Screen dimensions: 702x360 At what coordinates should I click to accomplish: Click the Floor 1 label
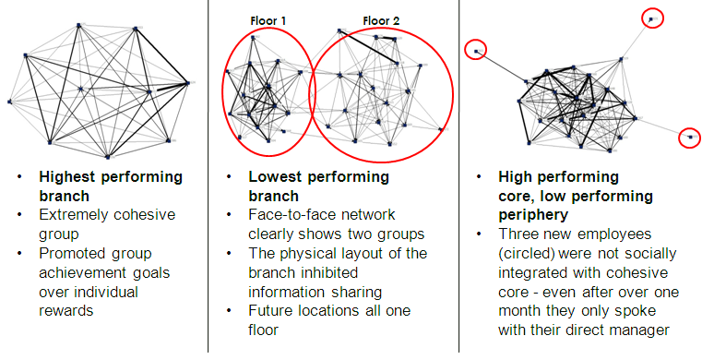[x=268, y=20]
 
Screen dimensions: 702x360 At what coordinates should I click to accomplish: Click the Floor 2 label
[x=381, y=20]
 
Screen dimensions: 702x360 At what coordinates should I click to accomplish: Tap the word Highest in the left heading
[x=66, y=178]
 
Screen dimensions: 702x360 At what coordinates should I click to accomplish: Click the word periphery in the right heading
[x=533, y=216]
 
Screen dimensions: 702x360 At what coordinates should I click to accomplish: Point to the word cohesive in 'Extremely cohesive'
[x=144, y=214]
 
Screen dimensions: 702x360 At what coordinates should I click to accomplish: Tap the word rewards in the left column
[x=66, y=311]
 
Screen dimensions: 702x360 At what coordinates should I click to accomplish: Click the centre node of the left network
[x=81, y=90]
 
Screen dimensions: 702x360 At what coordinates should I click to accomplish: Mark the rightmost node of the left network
[x=187, y=83]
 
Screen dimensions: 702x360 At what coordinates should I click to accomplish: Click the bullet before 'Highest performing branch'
[x=19, y=177]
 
